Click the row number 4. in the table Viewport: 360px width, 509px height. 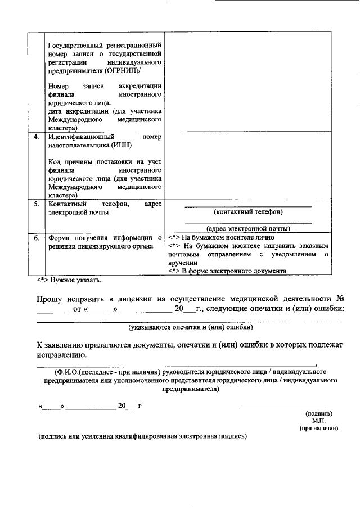point(36,137)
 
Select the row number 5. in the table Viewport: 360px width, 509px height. point(36,204)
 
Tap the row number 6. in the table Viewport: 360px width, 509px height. point(36,238)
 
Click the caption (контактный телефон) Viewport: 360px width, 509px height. point(248,212)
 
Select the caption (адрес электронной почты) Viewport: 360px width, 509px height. point(248,228)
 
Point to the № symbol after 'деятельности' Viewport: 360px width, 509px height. point(339,299)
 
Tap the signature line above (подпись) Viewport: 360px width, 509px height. point(285,408)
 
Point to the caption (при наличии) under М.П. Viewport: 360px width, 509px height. point(318,428)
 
